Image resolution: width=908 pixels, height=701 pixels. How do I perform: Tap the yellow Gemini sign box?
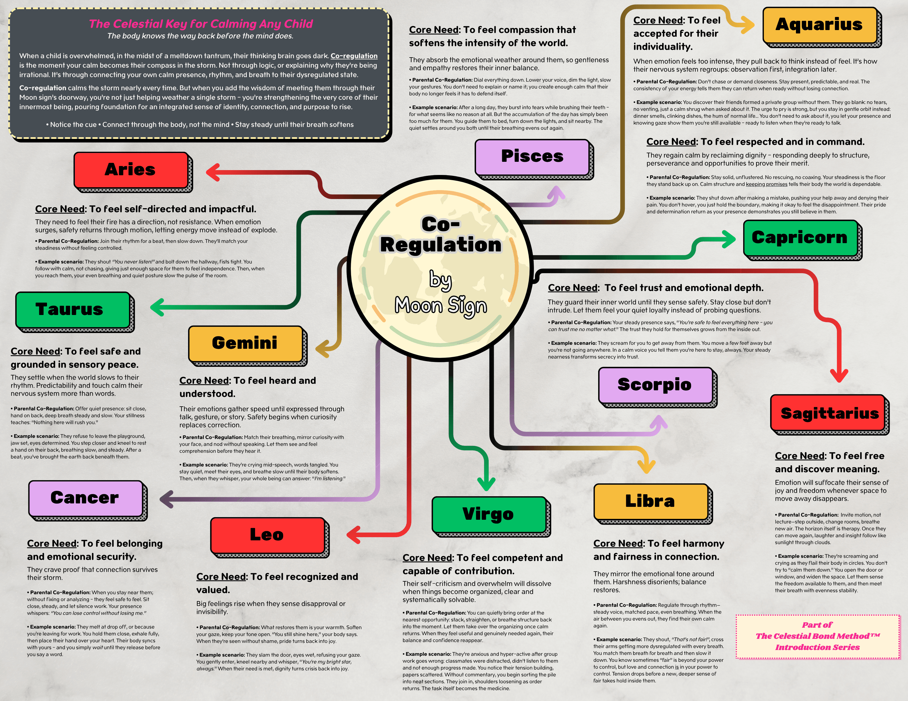click(245, 343)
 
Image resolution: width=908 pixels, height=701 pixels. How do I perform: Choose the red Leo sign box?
click(267, 535)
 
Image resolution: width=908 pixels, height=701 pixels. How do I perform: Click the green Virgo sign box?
click(488, 515)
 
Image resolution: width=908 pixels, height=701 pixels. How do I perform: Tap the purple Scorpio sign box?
click(655, 385)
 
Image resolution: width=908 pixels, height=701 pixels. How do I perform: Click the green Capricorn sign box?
click(800, 238)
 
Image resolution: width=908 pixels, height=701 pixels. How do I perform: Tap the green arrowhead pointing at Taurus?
click(157, 307)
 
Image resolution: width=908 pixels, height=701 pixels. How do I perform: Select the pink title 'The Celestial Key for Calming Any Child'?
click(201, 24)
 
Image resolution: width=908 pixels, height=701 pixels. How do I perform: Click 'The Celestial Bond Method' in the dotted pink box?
click(817, 636)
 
